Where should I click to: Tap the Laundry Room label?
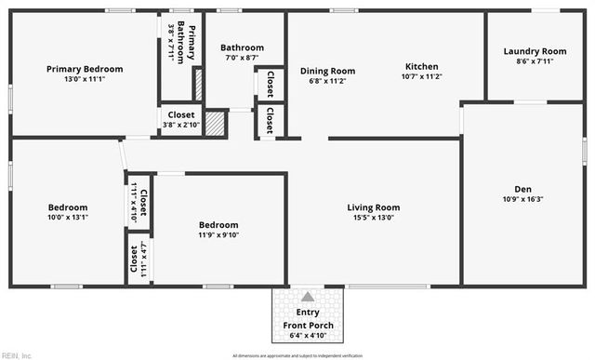[535, 51]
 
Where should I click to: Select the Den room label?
[522, 186]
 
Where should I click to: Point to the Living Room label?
[374, 207]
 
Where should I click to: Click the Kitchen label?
[421, 67]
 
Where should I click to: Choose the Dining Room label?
[327, 71]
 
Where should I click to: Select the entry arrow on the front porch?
[308, 297]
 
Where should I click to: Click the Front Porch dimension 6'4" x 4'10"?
[308, 335]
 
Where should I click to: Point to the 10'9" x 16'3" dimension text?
[522, 198]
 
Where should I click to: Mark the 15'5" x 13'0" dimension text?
[374, 218]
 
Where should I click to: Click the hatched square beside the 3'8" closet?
[216, 124]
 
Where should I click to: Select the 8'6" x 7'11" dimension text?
[535, 62]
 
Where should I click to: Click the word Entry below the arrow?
[308, 313]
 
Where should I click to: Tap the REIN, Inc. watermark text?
[17, 354]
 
